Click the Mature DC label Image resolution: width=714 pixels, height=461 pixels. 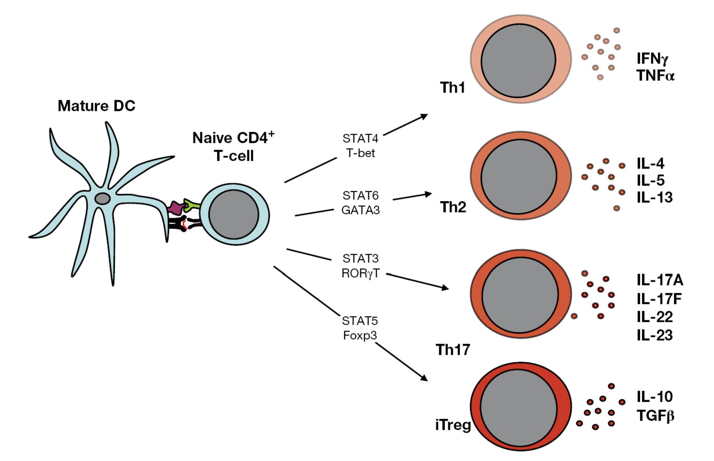(x=96, y=106)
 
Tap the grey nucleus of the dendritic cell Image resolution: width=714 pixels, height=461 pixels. (x=103, y=199)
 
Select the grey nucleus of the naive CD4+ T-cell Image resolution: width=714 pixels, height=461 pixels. (x=234, y=214)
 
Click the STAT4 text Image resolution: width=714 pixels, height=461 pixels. (x=360, y=139)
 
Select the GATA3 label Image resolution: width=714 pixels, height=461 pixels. (x=360, y=210)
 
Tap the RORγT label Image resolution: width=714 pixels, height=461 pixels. (x=360, y=273)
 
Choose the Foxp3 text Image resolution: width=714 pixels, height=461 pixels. (x=360, y=335)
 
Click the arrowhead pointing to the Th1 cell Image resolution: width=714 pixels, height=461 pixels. (x=424, y=116)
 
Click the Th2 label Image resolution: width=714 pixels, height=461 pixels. (x=453, y=207)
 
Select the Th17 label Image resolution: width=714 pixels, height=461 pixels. (x=453, y=349)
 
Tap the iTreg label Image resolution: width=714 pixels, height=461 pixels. (x=453, y=425)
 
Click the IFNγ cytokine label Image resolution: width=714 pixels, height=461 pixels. (x=652, y=58)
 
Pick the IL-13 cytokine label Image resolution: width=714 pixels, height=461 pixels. (x=654, y=197)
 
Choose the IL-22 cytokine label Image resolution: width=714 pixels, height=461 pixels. (x=654, y=317)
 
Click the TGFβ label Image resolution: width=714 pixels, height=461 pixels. (x=655, y=416)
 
